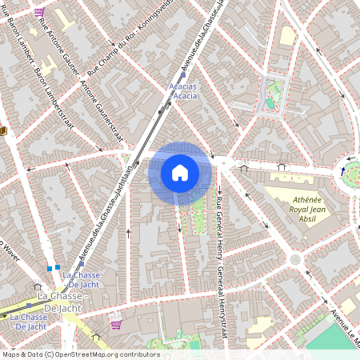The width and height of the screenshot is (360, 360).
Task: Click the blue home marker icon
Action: (179, 173)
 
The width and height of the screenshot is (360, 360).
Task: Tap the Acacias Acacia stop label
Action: (185, 90)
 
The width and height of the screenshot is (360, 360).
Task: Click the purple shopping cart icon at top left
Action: (40, 13)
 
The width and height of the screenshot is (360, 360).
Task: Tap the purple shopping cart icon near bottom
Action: (116, 325)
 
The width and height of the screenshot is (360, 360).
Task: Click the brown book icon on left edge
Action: (3, 130)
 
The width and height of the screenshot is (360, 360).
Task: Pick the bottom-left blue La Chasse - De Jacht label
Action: (28, 322)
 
